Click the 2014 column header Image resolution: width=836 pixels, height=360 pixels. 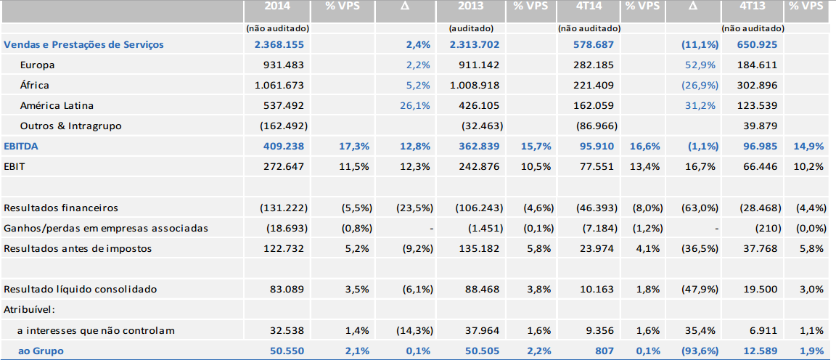277,7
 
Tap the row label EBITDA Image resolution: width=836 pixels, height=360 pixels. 21,147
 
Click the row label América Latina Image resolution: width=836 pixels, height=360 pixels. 57,106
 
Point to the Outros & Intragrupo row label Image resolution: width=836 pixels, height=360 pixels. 71,126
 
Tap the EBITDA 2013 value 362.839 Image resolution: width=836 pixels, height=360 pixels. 474,147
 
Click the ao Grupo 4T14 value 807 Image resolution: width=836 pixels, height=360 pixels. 604,351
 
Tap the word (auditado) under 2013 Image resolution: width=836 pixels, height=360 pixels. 471,28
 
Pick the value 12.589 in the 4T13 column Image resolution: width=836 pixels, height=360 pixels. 763,351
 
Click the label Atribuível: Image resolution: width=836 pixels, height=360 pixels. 29,310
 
